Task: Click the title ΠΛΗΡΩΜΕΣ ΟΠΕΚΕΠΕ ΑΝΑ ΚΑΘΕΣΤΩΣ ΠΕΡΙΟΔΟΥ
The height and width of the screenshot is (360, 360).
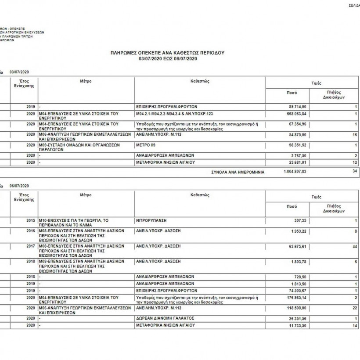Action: tap(168, 52)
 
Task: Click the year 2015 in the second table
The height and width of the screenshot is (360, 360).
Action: tap(30, 220)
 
